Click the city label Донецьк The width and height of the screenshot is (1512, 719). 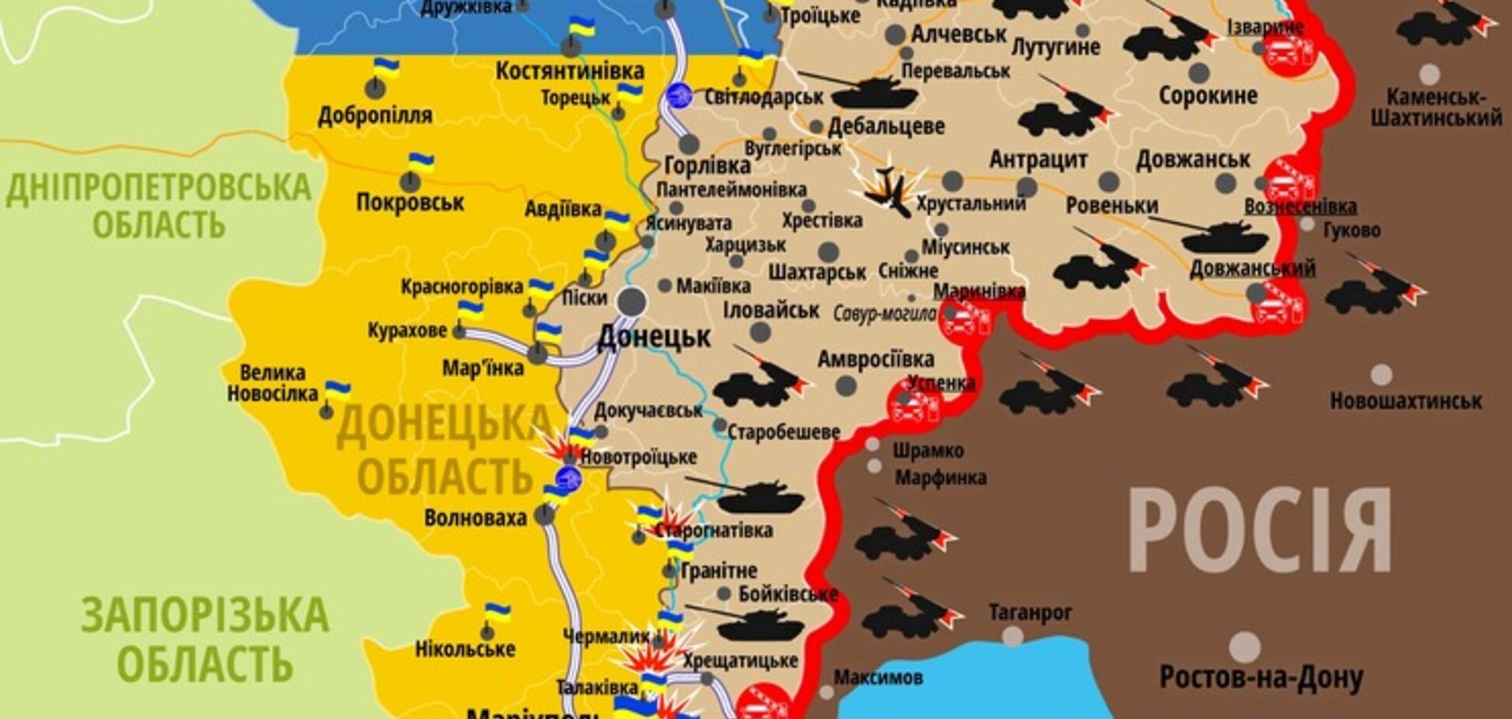(x=653, y=337)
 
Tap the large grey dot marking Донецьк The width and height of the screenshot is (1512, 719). (x=632, y=301)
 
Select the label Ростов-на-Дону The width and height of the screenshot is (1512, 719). (x=1261, y=677)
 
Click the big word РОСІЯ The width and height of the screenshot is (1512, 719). (x=1260, y=531)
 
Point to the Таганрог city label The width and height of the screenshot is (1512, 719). (x=1031, y=612)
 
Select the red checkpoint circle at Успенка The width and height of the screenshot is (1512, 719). (x=915, y=405)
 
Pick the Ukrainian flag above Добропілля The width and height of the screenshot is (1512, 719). (x=384, y=68)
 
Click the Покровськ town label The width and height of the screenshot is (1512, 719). (x=410, y=203)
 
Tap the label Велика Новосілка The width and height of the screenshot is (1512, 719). (x=272, y=383)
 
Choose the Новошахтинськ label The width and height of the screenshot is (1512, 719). (x=1405, y=402)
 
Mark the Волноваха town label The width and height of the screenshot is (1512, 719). (x=475, y=517)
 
